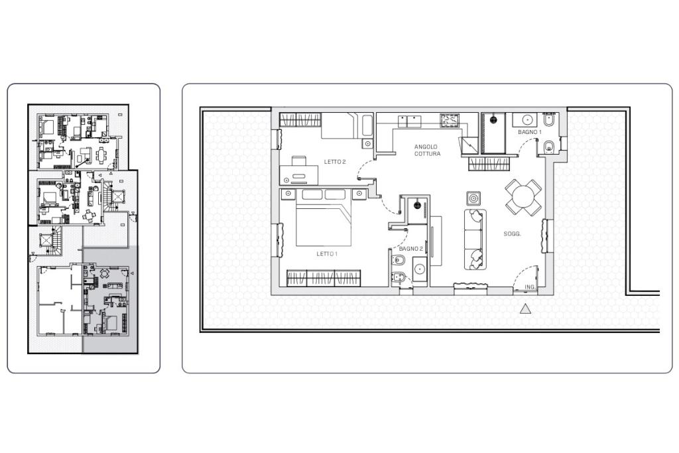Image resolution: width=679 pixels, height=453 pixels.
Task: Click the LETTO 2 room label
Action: pos(335,162)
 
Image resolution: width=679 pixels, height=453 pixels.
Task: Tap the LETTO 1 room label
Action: pos(326,254)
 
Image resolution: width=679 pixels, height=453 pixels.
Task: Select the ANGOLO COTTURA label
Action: pos(427,151)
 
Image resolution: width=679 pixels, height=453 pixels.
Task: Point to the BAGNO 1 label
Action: pos(530,132)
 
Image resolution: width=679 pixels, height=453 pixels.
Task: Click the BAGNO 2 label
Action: pos(410,249)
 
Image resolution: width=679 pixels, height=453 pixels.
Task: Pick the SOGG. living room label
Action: pos(512,234)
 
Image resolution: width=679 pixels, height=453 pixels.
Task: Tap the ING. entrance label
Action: pos(530,287)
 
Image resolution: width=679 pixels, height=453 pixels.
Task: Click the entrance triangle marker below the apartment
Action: pos(525,308)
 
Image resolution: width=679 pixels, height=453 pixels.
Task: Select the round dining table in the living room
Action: pos(523,198)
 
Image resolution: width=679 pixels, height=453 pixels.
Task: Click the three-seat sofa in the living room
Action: pos(475,239)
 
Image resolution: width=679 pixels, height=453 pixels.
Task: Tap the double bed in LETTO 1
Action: pos(324,218)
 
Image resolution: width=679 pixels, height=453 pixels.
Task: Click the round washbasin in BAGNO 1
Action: pos(527,119)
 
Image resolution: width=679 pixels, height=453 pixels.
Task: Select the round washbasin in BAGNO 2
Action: pos(419,269)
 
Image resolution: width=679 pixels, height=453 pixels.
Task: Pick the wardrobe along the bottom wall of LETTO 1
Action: pos(324,278)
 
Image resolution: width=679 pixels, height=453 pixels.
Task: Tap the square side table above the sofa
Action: pos(473,198)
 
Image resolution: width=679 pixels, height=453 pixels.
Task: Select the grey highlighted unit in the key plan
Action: pos(111,300)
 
